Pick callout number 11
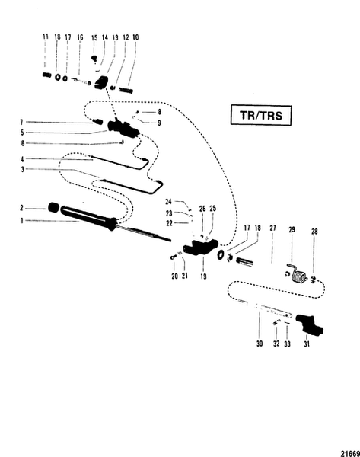click(x=45, y=37)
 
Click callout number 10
click(x=135, y=37)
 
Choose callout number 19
click(x=202, y=279)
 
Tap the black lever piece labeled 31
click(x=312, y=325)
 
